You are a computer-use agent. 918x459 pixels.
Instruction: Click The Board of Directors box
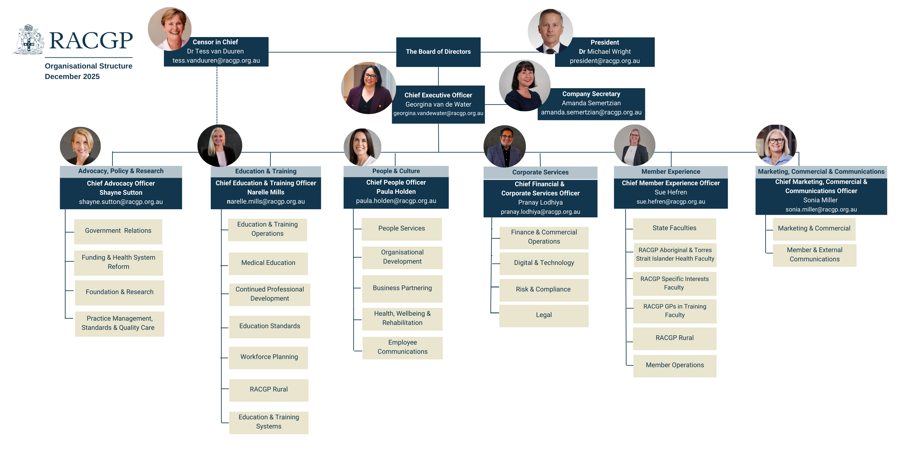point(438,52)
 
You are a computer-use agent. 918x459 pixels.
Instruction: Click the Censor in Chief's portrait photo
point(169,29)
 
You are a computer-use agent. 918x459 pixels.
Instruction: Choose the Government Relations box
point(118,231)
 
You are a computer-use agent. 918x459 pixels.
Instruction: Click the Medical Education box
point(268,263)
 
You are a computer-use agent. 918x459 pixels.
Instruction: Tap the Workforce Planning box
point(269,357)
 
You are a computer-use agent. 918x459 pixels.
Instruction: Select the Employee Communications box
point(402,347)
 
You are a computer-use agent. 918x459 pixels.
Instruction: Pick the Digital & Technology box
point(544,263)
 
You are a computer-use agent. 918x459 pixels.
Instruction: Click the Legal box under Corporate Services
point(544,315)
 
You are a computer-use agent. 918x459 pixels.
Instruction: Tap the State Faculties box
point(674,228)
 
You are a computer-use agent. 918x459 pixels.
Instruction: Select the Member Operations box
point(675,365)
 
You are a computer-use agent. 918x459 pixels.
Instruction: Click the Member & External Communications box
point(814,255)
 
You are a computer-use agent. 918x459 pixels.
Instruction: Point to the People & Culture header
point(396,171)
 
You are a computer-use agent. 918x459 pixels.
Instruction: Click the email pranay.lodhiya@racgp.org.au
point(540,212)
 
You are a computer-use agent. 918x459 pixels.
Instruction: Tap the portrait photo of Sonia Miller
point(776,145)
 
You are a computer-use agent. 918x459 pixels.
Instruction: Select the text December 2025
point(72,77)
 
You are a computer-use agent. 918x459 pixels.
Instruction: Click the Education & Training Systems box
point(269,422)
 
